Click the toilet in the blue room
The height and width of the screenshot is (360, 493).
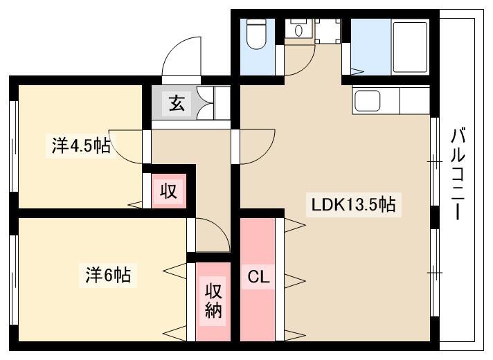256,34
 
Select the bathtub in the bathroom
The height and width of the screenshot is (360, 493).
410,47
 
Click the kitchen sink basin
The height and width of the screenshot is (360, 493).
367,100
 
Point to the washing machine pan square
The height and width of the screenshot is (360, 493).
328,31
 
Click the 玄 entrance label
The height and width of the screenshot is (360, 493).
177,103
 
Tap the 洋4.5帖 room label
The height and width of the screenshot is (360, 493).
81,146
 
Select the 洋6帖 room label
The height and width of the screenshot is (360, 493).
108,275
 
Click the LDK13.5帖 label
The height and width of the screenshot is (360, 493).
353,205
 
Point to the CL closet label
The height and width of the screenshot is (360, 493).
258,277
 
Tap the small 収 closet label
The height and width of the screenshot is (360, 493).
168,190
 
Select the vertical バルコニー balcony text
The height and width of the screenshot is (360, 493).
458,174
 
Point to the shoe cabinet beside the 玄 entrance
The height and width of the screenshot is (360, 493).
214,103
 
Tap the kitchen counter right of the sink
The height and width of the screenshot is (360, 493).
414,100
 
